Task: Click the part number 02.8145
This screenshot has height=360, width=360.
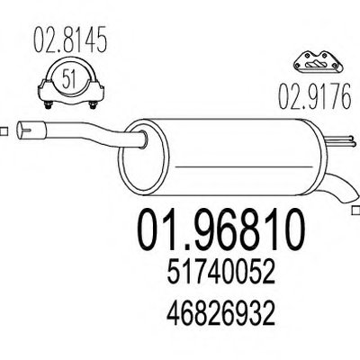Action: pos(70,40)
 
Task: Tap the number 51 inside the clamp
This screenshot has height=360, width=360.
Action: pos(68,77)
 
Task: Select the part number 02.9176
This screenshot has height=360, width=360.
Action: pos(314,96)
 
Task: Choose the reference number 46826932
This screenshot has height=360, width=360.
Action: pos(221,314)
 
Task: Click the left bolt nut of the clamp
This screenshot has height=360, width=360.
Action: pos(49,105)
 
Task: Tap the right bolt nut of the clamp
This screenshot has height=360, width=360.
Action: pos(93,105)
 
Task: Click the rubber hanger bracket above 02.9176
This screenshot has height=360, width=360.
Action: pos(318,62)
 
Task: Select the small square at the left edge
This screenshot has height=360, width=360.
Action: pos(4,131)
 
